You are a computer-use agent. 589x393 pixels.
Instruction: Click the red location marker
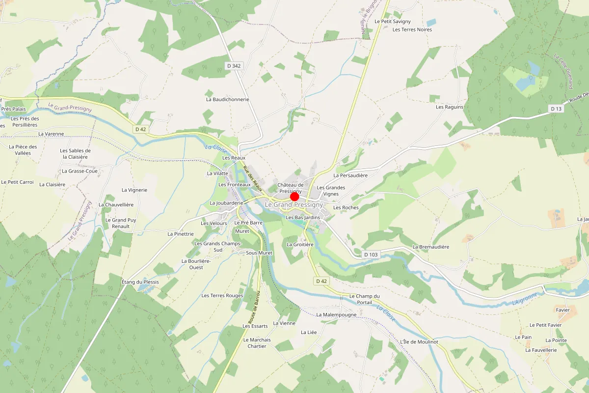click(x=294, y=196)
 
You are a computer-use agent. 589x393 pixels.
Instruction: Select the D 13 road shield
click(x=556, y=109)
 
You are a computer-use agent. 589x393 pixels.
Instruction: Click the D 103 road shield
click(x=371, y=254)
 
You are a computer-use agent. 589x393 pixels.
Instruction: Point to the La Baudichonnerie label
click(x=228, y=99)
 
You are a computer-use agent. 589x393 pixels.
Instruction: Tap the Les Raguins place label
click(x=450, y=107)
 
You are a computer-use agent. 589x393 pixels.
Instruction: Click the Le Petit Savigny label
click(x=393, y=22)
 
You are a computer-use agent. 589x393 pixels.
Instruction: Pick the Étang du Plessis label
click(x=140, y=282)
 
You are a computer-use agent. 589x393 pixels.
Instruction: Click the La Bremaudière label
click(x=431, y=247)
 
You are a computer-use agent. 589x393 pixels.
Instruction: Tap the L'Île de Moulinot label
click(x=419, y=341)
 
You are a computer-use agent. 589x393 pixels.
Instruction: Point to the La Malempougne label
click(x=337, y=314)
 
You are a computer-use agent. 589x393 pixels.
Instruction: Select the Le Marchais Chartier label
click(x=257, y=343)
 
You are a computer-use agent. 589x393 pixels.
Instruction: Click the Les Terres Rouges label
click(x=222, y=295)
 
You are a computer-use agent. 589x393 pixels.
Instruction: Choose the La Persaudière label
click(x=350, y=175)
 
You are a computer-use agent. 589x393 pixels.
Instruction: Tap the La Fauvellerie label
click(x=541, y=350)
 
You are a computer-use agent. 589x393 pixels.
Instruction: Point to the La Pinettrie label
click(x=181, y=234)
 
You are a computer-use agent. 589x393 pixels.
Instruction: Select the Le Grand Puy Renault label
click(x=121, y=223)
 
